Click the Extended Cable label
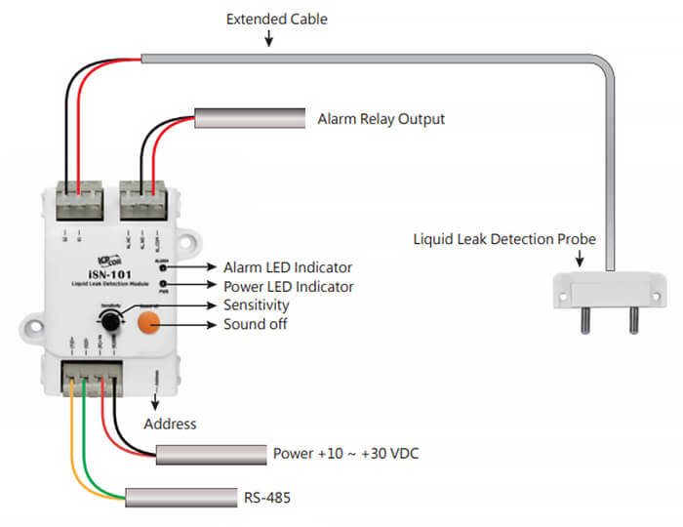277,19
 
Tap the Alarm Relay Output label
381,119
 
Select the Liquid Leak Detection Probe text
503,238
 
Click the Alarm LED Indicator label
287,266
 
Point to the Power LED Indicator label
288,286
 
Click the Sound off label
255,324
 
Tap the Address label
170,424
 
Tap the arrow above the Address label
153,399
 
